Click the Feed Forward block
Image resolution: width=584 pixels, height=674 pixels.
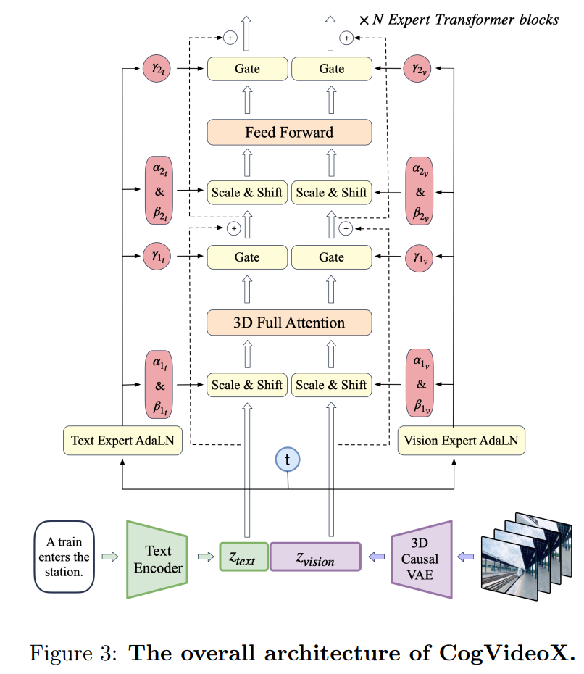point(289,132)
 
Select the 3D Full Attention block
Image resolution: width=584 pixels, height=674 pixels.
point(289,323)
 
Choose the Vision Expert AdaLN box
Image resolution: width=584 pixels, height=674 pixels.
point(462,440)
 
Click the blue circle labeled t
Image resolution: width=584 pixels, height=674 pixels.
point(288,459)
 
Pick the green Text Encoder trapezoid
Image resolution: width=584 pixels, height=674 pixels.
point(157,559)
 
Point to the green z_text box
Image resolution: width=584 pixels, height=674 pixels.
point(244,557)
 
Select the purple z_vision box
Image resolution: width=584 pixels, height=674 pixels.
point(315,557)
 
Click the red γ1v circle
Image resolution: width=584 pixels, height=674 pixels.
point(420,257)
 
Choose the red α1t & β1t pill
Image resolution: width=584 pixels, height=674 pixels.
point(159,384)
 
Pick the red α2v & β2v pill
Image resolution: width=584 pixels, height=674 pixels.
point(420,193)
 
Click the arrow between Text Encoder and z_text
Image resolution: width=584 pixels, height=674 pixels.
point(206,557)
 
